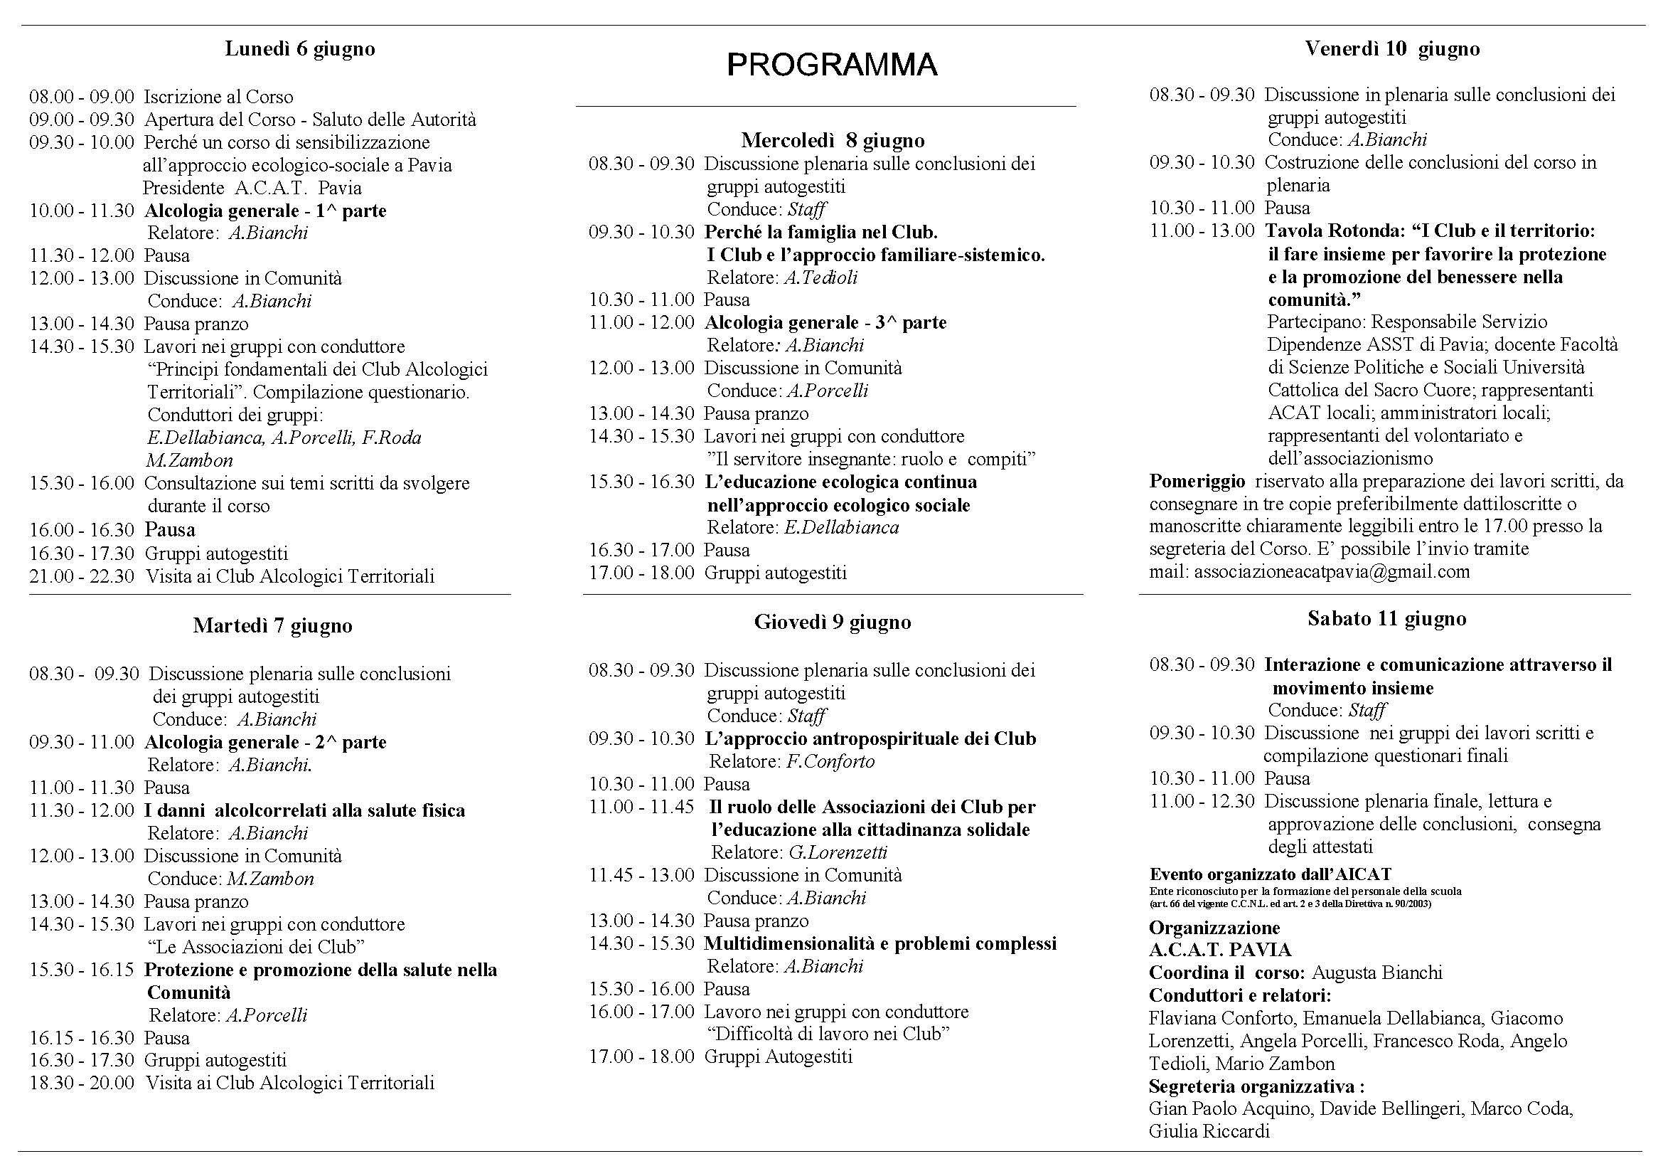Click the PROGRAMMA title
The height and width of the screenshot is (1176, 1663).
pyautogui.click(x=832, y=65)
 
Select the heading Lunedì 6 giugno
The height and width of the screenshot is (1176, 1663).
pyautogui.click(x=300, y=48)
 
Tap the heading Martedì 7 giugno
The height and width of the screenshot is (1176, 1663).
pyautogui.click(x=272, y=625)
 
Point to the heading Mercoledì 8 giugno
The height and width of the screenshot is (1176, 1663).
pyautogui.click(x=833, y=140)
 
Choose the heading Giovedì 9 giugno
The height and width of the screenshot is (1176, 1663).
pyautogui.click(x=833, y=622)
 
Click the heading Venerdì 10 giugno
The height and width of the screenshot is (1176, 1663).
pyautogui.click(x=1392, y=48)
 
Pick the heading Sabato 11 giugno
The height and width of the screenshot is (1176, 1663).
pyautogui.click(x=1386, y=618)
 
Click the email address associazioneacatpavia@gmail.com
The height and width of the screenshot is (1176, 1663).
pyautogui.click(x=1332, y=572)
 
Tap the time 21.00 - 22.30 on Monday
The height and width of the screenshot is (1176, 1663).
pyautogui.click(x=82, y=577)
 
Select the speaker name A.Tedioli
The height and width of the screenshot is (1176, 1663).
pyautogui.click(x=820, y=277)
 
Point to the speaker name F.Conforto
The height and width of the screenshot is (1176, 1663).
pyautogui.click(x=830, y=761)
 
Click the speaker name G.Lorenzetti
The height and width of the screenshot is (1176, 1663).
pyautogui.click(x=838, y=852)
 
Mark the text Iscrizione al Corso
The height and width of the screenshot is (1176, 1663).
pyautogui.click(x=218, y=97)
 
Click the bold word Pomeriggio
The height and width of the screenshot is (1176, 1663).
pyautogui.click(x=1197, y=481)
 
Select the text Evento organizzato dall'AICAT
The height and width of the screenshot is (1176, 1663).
pyautogui.click(x=1270, y=874)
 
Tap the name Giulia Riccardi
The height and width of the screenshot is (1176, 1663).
pyautogui.click(x=1209, y=1131)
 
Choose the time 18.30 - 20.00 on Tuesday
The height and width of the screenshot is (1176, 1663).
pyautogui.click(x=82, y=1084)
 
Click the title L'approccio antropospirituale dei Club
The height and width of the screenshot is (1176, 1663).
pyautogui.click(x=870, y=739)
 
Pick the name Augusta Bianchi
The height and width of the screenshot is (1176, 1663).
pyautogui.click(x=1376, y=973)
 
